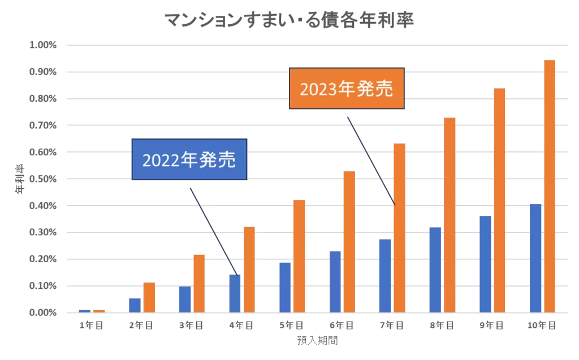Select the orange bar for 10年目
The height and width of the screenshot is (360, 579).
click(x=549, y=186)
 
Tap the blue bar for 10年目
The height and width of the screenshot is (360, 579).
click(x=535, y=258)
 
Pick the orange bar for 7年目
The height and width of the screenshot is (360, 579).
click(x=399, y=228)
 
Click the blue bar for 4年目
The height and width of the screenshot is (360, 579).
click(x=235, y=293)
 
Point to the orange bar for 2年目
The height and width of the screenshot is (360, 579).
click(x=149, y=297)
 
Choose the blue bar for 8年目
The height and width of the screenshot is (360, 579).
click(x=435, y=270)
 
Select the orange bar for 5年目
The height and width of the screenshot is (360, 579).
click(x=299, y=256)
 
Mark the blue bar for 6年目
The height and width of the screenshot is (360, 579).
click(x=335, y=281)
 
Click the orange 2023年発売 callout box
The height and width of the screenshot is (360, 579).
click(x=347, y=89)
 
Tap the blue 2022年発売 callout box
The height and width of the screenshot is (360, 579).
click(x=189, y=159)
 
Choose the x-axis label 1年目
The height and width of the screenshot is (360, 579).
click(x=91, y=326)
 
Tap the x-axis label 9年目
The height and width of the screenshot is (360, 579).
click(x=491, y=326)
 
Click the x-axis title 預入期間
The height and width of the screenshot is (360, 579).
click(x=317, y=341)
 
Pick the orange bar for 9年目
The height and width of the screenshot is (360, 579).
click(x=499, y=201)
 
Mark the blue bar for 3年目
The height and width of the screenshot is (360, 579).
click(x=185, y=300)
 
